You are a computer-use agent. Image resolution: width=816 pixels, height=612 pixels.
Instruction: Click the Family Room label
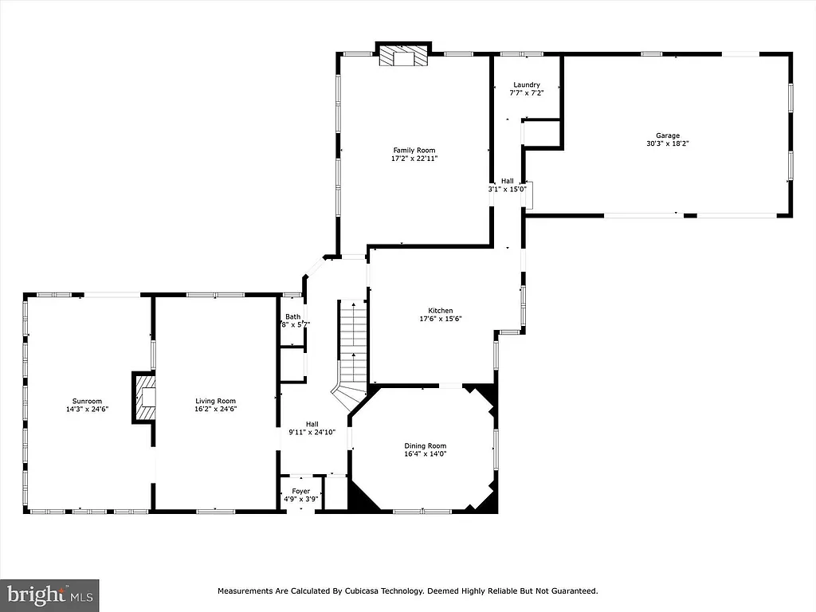(414, 150)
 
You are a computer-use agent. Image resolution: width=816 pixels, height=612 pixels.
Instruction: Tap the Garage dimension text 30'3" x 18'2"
(668, 144)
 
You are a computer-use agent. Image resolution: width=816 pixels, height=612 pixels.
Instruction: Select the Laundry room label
(526, 84)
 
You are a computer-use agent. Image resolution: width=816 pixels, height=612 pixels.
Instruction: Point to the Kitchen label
(440, 311)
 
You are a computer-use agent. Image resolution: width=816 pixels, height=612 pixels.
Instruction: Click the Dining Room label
(426, 446)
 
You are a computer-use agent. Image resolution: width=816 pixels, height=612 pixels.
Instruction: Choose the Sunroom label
(86, 401)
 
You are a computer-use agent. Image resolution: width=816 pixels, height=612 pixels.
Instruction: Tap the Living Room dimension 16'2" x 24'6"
(216, 409)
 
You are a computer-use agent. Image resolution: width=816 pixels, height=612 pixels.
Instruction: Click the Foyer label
(300, 491)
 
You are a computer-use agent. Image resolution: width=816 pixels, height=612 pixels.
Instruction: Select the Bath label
(292, 317)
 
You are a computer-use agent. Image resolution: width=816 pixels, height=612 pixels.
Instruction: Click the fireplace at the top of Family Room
(402, 57)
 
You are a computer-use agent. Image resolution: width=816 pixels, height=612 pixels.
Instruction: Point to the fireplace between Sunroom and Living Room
(144, 397)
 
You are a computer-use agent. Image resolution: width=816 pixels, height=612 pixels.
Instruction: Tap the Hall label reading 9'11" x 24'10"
(312, 432)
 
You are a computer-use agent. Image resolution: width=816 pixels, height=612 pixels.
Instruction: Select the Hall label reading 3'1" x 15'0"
(507, 190)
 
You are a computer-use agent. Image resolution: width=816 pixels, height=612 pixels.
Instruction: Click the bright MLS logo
(49, 594)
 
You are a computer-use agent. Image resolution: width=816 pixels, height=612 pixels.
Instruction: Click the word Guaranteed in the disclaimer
(571, 591)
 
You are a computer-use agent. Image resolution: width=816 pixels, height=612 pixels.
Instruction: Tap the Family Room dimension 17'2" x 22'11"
(414, 159)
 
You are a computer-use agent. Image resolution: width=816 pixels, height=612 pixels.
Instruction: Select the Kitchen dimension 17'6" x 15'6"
(440, 319)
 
